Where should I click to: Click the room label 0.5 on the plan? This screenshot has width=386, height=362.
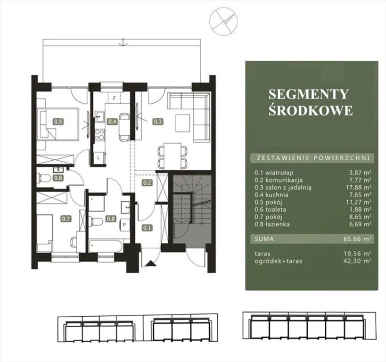coord(58,122)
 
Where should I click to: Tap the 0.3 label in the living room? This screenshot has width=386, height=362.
coord(158,122)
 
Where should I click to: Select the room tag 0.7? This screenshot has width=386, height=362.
coord(66,219)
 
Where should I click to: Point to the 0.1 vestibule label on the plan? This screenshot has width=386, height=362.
coord(147,228)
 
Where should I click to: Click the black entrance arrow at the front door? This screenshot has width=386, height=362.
coord(150,264)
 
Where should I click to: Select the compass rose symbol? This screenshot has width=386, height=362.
coord(223,22)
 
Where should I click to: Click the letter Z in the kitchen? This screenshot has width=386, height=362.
coord(114,98)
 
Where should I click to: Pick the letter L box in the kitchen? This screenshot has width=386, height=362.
coord(99,157)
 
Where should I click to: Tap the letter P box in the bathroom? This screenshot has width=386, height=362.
coord(124,225)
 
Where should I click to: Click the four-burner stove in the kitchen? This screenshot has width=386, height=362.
coord(100,135)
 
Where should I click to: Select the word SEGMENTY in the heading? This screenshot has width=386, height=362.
coord(308,94)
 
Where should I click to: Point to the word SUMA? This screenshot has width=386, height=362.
coord(264,239)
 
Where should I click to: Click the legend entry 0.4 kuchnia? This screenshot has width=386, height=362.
coord(271,195)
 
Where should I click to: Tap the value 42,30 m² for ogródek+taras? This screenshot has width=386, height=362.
coord(357,261)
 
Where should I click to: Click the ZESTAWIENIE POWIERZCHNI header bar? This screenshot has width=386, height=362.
coord(312,158)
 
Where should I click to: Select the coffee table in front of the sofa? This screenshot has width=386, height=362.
coord(183,123)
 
